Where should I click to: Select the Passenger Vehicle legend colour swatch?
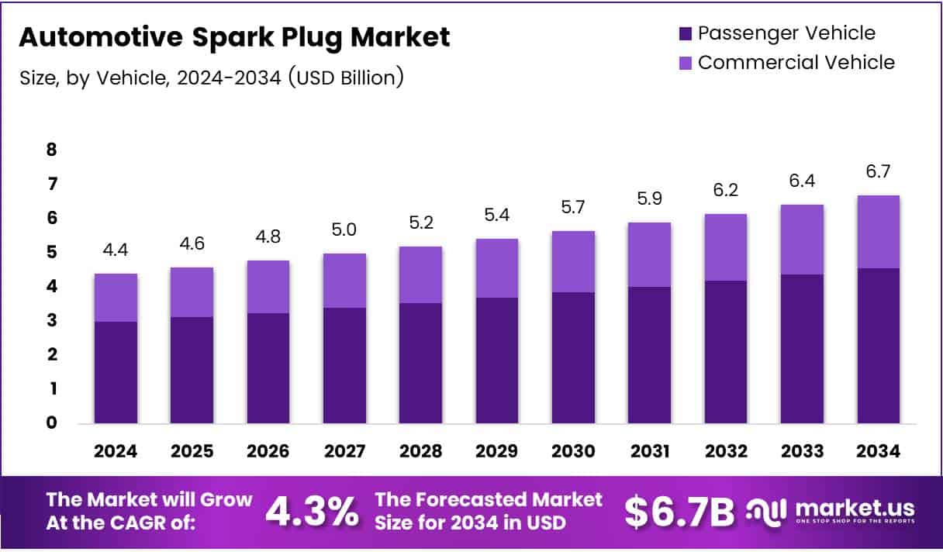click(686, 33)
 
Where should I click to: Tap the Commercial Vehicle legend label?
click(796, 62)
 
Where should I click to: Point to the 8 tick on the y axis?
click(52, 150)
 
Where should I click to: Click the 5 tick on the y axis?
click(52, 252)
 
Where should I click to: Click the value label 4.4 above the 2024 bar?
click(116, 250)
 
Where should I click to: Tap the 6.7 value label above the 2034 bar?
click(879, 171)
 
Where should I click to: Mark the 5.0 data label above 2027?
click(345, 229)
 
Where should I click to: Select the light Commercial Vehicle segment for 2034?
click(879, 232)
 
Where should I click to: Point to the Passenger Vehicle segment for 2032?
click(726, 352)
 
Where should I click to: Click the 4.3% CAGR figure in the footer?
click(312, 512)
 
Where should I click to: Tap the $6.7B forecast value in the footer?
click(679, 512)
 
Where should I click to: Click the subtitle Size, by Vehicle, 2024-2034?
click(210, 78)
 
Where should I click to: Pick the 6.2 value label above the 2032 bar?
click(726, 190)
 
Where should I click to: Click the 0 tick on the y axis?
click(52, 423)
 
